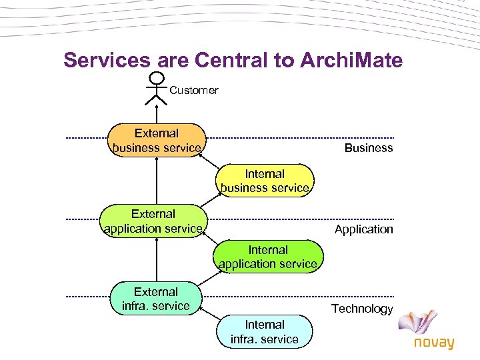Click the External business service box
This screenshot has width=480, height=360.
157,140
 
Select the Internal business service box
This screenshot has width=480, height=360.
265,181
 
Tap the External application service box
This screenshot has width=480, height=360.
153,221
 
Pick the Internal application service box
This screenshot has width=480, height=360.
268,257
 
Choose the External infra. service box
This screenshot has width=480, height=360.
156,299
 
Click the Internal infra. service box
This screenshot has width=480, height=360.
265,332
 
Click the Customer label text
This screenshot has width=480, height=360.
194,90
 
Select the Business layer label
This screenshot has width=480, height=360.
369,148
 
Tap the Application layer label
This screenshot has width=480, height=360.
364,229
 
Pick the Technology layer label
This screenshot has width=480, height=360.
363,309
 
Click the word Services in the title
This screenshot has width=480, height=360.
107,61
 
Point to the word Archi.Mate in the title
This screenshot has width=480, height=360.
352,61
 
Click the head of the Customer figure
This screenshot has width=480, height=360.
157,77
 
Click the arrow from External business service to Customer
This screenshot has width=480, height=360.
157,111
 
